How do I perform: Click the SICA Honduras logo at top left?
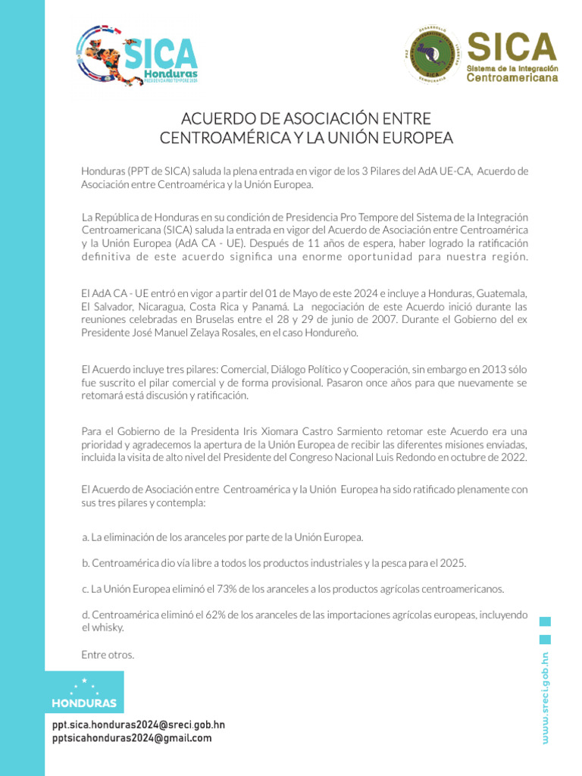[x=136, y=55]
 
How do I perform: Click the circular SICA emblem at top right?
[x=432, y=55]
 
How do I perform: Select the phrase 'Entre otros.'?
[x=108, y=654]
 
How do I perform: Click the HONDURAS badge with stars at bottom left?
[x=84, y=693]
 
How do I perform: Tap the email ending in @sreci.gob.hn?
[x=138, y=724]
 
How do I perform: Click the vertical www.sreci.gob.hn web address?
[x=545, y=697]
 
